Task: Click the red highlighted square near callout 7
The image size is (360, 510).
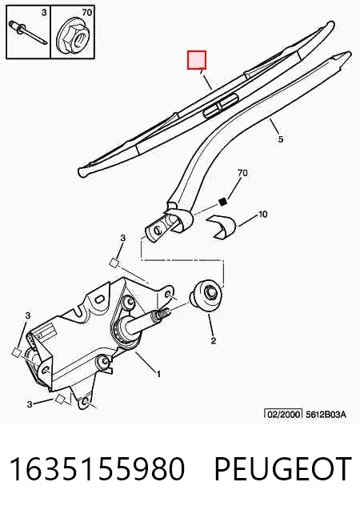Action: pyautogui.click(x=197, y=60)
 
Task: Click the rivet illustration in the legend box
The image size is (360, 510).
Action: pyautogui.click(x=29, y=32)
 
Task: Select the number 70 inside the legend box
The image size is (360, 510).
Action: pyautogui.click(x=87, y=13)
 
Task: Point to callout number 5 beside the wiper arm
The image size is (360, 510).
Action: pyautogui.click(x=281, y=139)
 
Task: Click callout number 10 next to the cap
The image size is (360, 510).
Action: pyautogui.click(x=262, y=215)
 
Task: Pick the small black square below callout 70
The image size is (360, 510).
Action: pyautogui.click(x=223, y=202)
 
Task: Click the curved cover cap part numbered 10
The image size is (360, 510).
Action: pyautogui.click(x=222, y=227)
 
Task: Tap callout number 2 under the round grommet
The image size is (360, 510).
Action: pyautogui.click(x=213, y=341)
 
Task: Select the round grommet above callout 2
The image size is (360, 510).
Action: pyautogui.click(x=206, y=295)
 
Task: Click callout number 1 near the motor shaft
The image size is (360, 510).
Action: pyautogui.click(x=158, y=375)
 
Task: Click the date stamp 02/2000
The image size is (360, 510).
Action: pyautogui.click(x=283, y=414)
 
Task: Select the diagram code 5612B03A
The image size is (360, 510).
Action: pyautogui.click(x=326, y=415)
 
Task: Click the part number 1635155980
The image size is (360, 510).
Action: pyautogui.click(x=97, y=468)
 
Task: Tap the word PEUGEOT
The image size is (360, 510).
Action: pyautogui.click(x=282, y=468)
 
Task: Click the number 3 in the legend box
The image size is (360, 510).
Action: pyautogui.click(x=44, y=13)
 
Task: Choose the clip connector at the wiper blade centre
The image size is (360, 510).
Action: pyautogui.click(x=220, y=105)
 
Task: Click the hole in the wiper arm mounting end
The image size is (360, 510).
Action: pyautogui.click(x=158, y=231)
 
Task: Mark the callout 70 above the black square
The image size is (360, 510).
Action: pyautogui.click(x=242, y=173)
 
